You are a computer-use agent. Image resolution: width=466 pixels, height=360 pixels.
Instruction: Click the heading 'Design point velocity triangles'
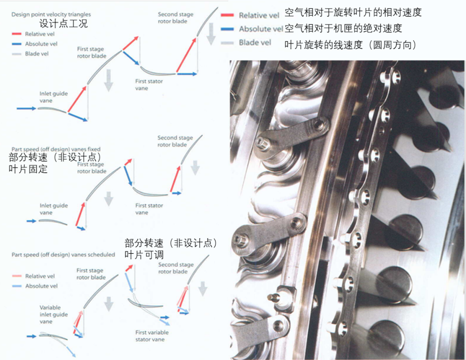pos(51,14)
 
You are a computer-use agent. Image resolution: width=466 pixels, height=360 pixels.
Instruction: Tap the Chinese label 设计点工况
pos(63,23)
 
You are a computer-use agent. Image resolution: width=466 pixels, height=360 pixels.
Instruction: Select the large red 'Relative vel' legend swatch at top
pos(227,15)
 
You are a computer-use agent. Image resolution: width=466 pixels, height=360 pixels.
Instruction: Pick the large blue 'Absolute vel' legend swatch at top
pos(227,29)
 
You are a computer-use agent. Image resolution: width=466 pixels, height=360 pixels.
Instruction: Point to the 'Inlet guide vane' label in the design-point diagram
pos(54,97)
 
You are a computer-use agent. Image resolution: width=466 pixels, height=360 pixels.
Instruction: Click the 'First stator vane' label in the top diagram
pos(149,85)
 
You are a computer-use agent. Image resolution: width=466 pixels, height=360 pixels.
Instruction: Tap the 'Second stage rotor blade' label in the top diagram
pos(175,18)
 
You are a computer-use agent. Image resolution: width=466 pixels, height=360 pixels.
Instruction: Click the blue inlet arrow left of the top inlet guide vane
pos(26,108)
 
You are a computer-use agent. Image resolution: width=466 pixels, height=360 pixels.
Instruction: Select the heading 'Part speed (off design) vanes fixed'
pos(56,149)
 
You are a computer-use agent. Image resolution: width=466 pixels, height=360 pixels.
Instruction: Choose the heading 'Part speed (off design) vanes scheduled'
pos(63,255)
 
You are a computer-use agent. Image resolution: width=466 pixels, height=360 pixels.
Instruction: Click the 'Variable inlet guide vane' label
pos(54,315)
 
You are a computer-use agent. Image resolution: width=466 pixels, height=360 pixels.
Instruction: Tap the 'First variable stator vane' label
pos(152,336)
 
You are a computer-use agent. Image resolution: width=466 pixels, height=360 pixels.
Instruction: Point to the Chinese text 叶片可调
pos(144,255)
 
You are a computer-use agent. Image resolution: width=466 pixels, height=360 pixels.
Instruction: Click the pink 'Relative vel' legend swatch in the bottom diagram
pos(17,276)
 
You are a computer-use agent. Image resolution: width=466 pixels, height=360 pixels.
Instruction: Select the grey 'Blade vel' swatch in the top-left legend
pos(17,54)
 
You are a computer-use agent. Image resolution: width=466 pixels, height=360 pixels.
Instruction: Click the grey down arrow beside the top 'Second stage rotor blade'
pos(211,34)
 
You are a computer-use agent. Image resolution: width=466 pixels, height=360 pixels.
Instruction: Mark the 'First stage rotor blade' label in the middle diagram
pos(91,167)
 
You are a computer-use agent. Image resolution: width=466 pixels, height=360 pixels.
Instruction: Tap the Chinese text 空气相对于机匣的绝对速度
pos(343,28)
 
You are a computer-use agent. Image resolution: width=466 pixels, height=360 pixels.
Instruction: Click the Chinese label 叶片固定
pos(28,169)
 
